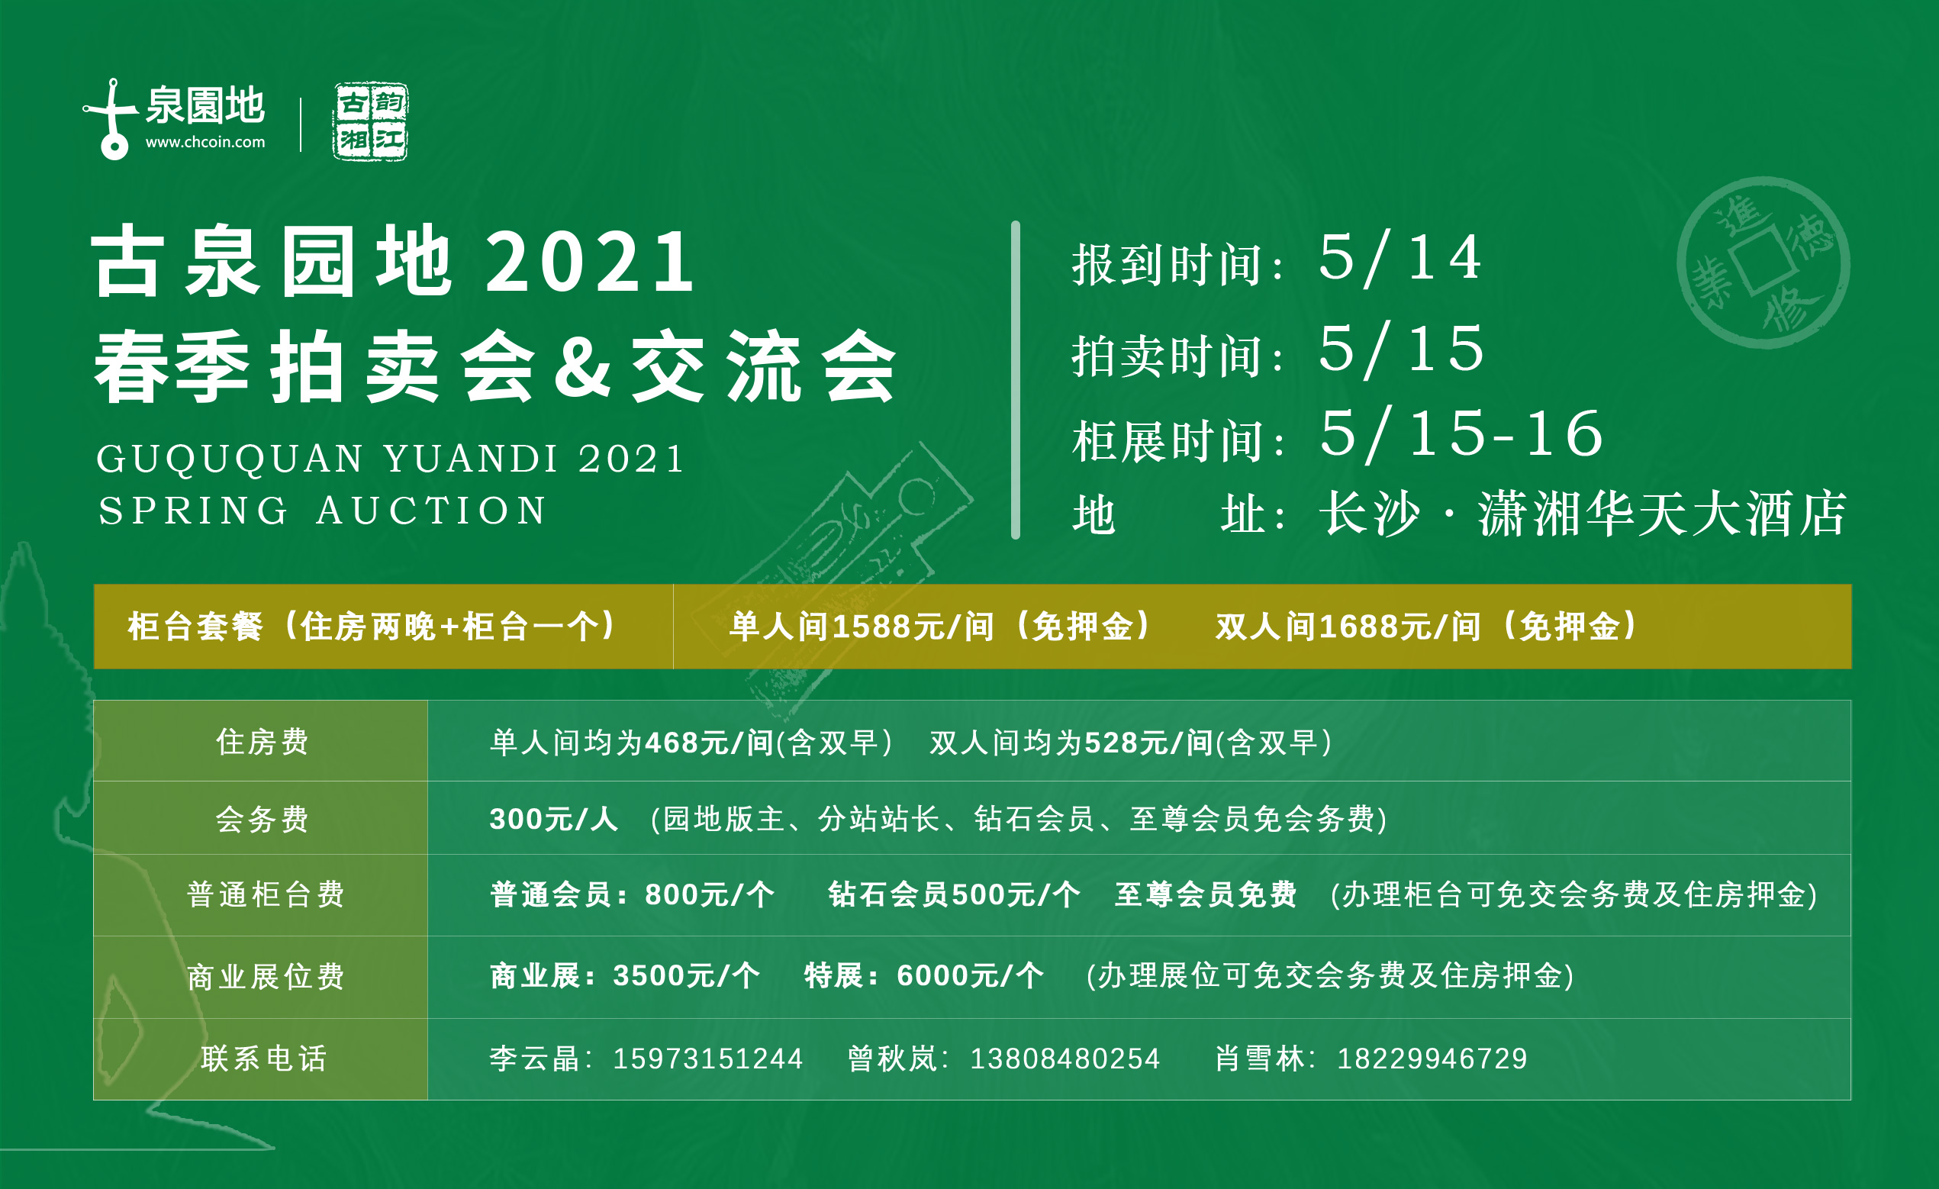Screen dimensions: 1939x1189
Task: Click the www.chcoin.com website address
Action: [x=205, y=143]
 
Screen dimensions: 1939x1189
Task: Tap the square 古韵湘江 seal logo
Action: [x=370, y=121]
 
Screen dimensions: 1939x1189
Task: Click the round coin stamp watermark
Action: [x=1763, y=262]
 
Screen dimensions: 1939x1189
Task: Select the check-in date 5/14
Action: [x=1400, y=257]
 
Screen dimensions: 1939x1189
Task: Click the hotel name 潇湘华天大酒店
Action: [x=1661, y=514]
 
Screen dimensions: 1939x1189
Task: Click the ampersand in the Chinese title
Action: [x=583, y=366]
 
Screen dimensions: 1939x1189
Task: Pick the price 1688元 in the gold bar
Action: [x=1375, y=627]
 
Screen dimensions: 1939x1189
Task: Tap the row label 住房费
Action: [x=262, y=741]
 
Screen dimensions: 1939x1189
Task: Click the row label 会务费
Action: [x=262, y=818]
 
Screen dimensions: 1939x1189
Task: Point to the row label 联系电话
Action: [x=263, y=1058]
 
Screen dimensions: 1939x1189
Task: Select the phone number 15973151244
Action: [x=707, y=1059]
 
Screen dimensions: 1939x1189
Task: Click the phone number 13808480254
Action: [x=1065, y=1059]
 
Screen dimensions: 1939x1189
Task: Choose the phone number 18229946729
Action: [x=1432, y=1059]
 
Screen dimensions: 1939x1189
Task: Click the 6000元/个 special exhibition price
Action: [x=971, y=976]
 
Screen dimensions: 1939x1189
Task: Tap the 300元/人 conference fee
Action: [x=553, y=819]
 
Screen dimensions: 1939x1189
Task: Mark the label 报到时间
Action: [x=1167, y=264]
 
